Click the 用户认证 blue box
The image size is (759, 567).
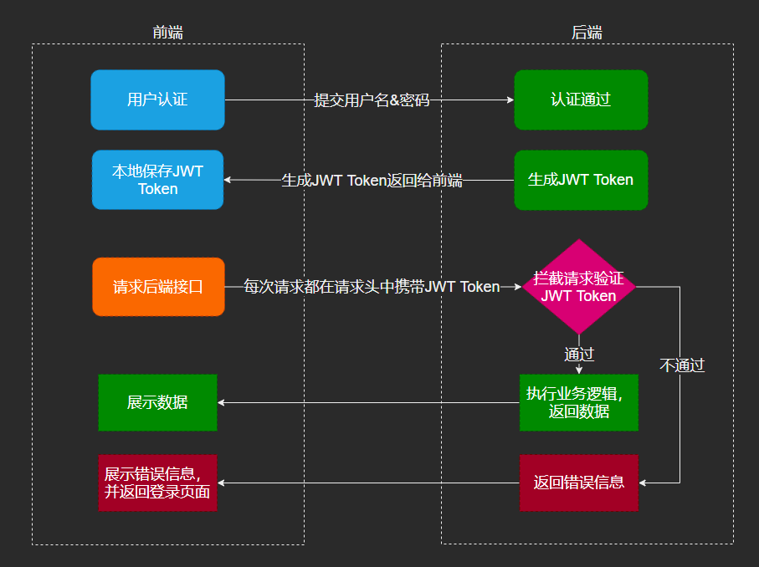[157, 100]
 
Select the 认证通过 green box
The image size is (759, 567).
[581, 100]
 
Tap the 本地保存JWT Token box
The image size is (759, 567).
[157, 180]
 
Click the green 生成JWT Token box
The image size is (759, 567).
[581, 180]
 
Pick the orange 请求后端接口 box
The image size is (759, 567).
[158, 287]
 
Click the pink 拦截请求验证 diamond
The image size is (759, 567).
[579, 287]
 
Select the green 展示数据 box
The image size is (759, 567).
[157, 402]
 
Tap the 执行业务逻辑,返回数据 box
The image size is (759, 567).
[578, 402]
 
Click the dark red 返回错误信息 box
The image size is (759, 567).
[578, 483]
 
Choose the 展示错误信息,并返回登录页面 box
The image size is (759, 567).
[157, 483]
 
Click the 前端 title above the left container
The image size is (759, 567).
[167, 33]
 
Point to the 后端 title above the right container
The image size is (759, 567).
[587, 33]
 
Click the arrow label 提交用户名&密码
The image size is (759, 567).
[372, 100]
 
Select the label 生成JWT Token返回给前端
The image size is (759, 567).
[372, 180]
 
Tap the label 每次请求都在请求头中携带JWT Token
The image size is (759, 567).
[372, 287]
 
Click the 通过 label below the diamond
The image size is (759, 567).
[579, 354]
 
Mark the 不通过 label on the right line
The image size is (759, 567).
[682, 365]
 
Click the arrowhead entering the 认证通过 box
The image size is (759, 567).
[510, 100]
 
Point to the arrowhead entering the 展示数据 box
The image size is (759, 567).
[223, 402]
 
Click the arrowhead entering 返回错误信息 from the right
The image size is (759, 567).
[644, 483]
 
